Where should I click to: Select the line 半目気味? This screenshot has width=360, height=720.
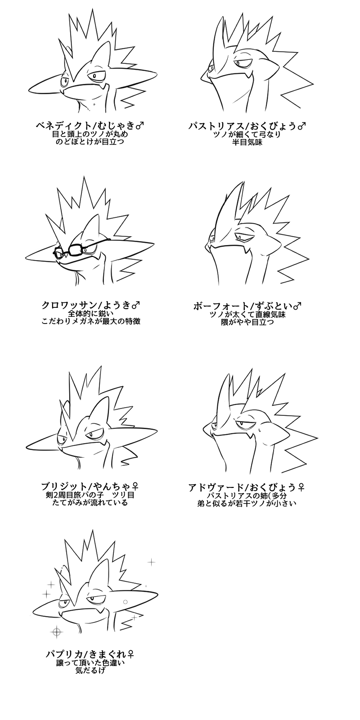pos(247,142)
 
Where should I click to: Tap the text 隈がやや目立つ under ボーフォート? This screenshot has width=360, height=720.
pos(247,322)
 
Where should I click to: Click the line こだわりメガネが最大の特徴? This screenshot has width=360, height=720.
pos(91,321)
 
